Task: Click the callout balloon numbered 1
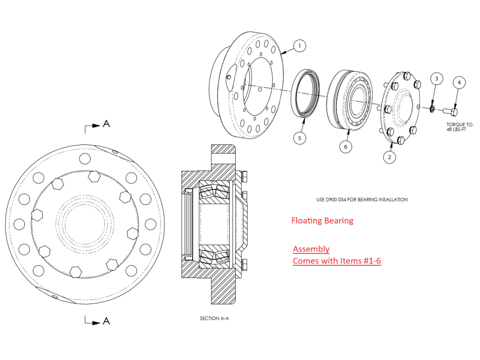[299, 46]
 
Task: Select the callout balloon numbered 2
[389, 157]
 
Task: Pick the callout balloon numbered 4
[459, 82]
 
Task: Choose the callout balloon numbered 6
[345, 146]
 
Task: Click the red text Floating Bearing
[322, 220]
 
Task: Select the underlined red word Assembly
[311, 249]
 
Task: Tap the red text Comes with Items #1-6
[337, 261]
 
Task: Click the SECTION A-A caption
[215, 319]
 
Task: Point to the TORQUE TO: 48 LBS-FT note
[457, 127]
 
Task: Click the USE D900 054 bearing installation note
[362, 200]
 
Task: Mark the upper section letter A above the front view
[106, 124]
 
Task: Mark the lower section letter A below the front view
[106, 321]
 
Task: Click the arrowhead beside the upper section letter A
[96, 125]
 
